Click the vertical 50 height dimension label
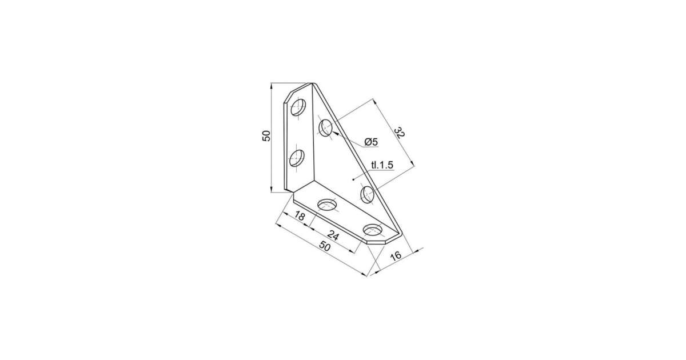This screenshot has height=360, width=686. (267, 135)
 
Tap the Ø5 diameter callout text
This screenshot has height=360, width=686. (371, 142)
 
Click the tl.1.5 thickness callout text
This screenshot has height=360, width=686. (382, 165)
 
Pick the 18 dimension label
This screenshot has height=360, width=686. (300, 216)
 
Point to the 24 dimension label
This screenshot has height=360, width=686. (333, 235)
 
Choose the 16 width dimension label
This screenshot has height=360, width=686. (396, 255)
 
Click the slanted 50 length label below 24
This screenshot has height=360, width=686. (325, 246)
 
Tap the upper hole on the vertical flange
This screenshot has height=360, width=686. (298, 107)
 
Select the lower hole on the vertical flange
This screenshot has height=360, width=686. (297, 158)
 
